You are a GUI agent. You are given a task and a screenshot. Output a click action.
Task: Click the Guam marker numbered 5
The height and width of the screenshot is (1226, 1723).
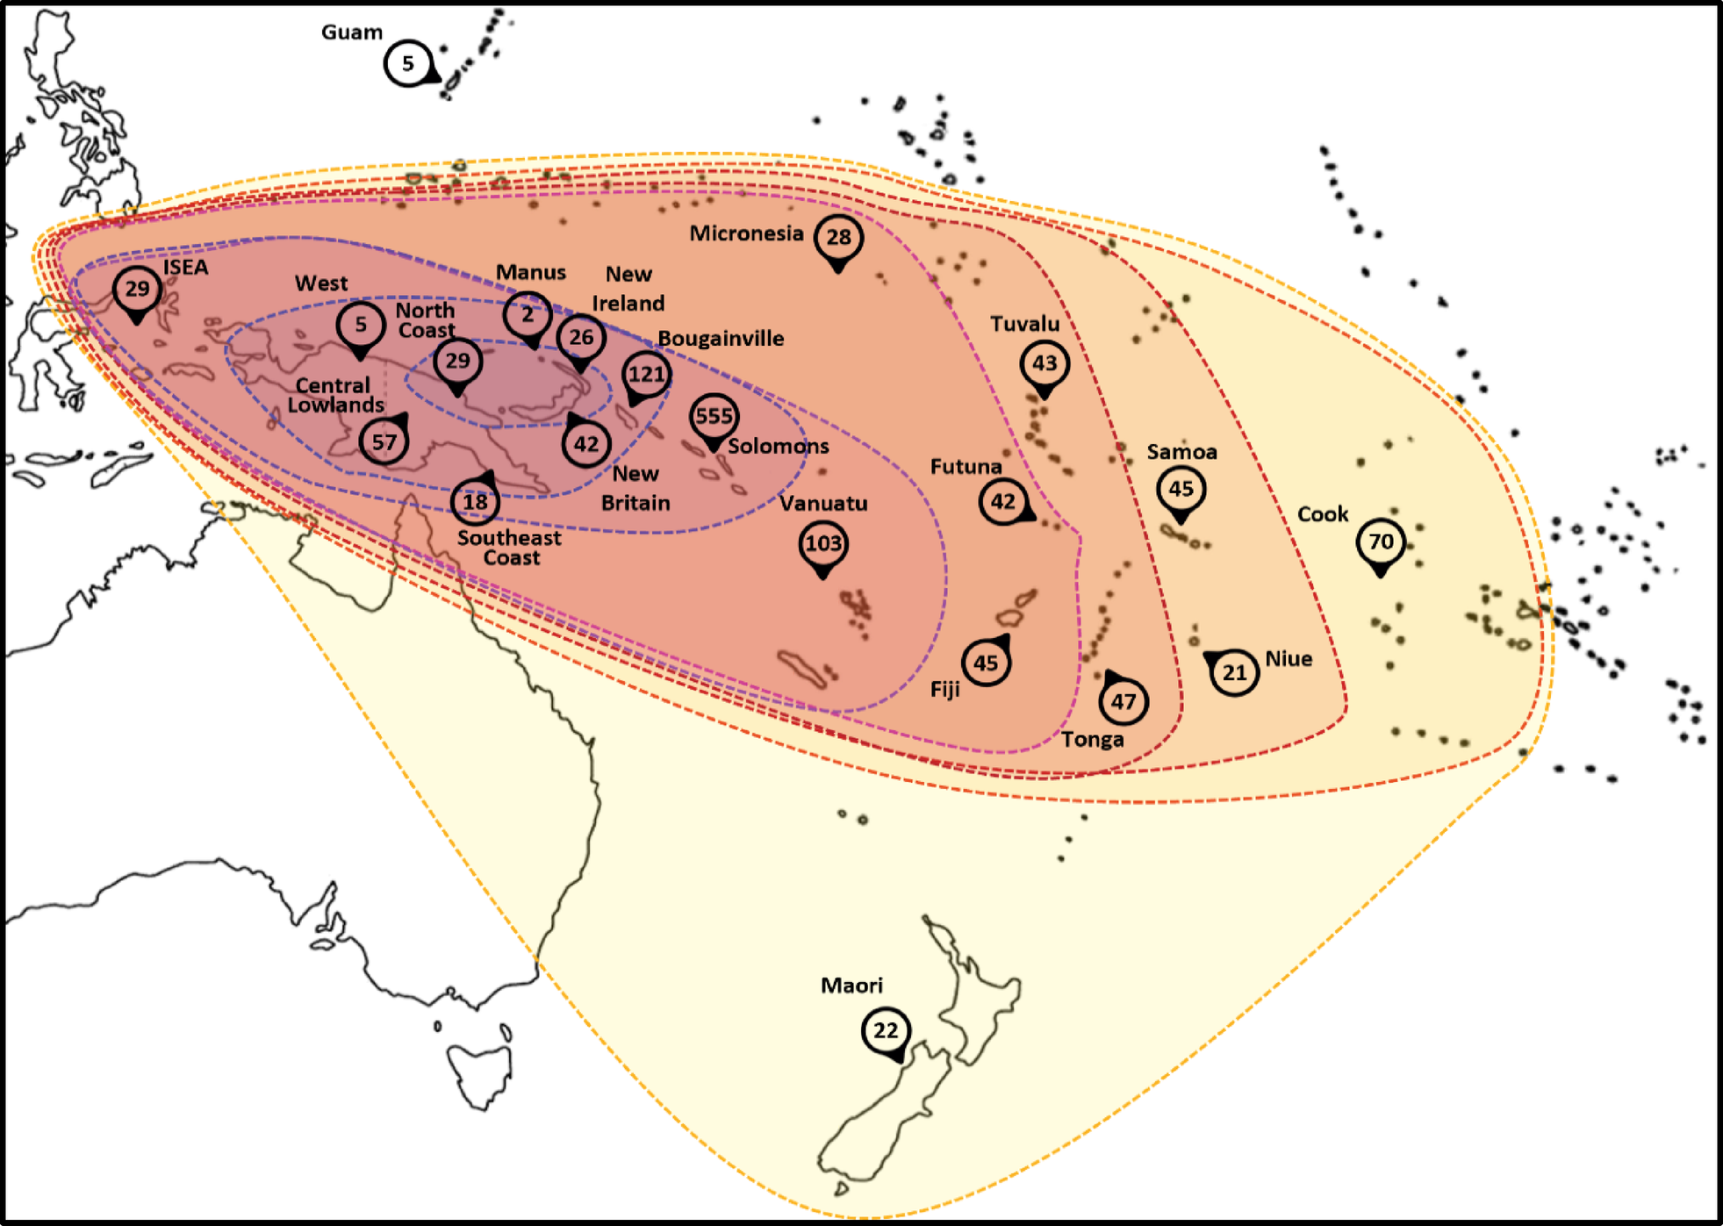click(x=408, y=63)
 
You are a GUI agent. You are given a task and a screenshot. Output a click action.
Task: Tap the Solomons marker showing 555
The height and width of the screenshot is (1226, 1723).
click(x=714, y=417)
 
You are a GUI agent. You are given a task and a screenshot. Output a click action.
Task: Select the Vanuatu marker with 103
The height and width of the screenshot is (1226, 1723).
click(x=822, y=544)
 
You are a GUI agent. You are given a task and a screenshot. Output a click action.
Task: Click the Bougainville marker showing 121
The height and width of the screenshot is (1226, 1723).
click(x=646, y=375)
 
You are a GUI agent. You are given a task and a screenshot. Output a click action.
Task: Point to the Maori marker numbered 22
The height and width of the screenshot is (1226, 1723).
click(x=886, y=1030)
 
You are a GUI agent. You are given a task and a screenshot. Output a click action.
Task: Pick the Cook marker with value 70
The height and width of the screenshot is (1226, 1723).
click(x=1381, y=541)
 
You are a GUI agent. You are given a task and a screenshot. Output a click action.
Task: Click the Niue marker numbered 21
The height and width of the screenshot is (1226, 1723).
click(x=1234, y=673)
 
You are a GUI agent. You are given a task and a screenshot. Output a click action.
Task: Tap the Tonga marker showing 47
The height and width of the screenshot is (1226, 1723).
click(x=1124, y=701)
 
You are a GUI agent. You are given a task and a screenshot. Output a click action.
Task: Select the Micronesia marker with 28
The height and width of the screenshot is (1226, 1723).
click(x=838, y=237)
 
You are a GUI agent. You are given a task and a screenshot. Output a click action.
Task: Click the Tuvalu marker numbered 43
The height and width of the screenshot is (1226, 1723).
click(x=1045, y=363)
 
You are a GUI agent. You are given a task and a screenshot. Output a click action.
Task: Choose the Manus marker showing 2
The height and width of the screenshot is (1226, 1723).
click(x=528, y=315)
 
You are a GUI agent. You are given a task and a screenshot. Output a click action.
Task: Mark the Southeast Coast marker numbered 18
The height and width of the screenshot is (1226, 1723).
click(x=475, y=501)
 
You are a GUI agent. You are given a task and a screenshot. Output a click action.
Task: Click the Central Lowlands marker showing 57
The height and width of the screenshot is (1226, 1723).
click(x=384, y=441)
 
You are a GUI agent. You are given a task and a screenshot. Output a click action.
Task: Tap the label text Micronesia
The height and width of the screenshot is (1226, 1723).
click(x=746, y=233)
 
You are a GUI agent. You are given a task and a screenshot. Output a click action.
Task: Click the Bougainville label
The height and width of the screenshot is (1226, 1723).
click(x=721, y=339)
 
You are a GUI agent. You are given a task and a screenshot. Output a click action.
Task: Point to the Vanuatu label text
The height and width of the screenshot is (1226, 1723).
click(x=823, y=504)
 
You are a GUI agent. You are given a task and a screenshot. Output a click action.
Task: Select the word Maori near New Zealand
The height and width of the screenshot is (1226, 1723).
click(x=851, y=986)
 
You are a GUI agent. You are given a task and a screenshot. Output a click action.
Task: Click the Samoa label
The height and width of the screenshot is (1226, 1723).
click(x=1181, y=452)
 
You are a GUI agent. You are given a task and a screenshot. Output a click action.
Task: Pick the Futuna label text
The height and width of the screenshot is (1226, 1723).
click(x=966, y=467)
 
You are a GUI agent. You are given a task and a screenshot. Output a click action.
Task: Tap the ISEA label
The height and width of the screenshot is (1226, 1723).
click(x=185, y=267)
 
